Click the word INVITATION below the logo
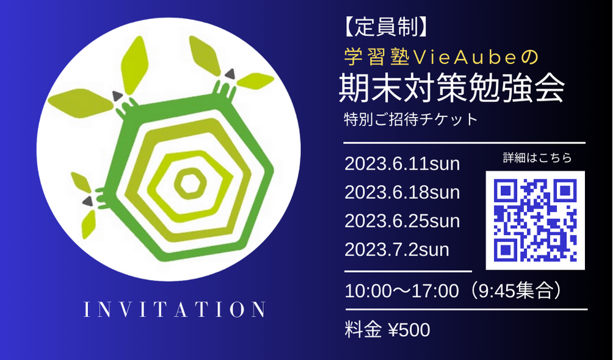(175, 309)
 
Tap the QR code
(535, 220)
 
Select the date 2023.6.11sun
(402, 164)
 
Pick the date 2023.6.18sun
(402, 192)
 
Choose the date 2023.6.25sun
(402, 221)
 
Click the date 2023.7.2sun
(397, 250)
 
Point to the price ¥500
(409, 330)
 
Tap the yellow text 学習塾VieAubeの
(441, 57)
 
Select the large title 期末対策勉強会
(452, 88)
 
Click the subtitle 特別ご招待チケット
(410, 119)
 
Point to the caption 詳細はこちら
(537, 157)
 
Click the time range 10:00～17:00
(402, 291)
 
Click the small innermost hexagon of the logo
(190, 183)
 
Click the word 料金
(363, 330)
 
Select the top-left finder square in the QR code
(506, 191)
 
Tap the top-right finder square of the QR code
(565, 191)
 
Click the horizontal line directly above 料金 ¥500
(466, 309)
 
